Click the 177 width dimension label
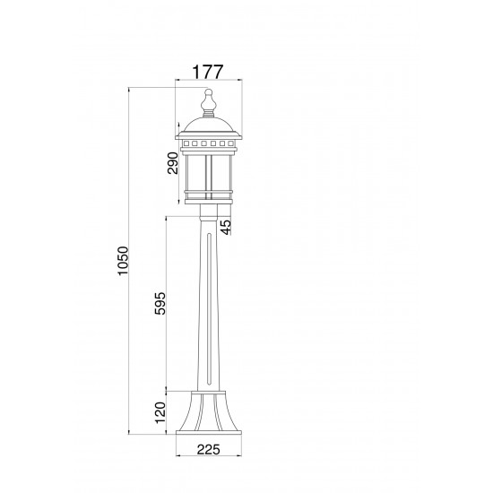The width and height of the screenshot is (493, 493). pyautogui.click(x=208, y=72)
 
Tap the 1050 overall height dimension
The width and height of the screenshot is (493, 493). pyautogui.click(x=124, y=261)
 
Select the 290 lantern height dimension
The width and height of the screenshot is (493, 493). pyautogui.click(x=173, y=163)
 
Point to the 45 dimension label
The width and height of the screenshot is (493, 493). pyautogui.click(x=226, y=227)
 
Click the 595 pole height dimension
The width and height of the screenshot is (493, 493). pyautogui.click(x=160, y=303)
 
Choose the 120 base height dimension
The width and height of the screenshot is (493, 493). pyautogui.click(x=160, y=412)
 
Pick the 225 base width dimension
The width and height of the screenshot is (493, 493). pyautogui.click(x=209, y=450)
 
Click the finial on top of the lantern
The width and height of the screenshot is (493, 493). pyautogui.click(x=209, y=102)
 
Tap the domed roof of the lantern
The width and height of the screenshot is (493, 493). pyautogui.click(x=209, y=125)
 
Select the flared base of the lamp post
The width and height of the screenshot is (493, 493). pyautogui.click(x=209, y=413)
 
